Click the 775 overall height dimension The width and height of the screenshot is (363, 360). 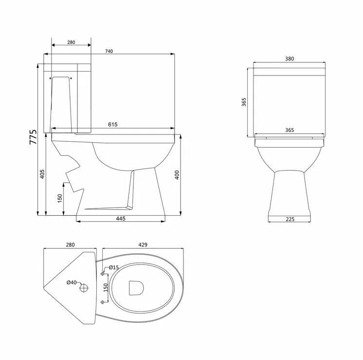click(x=33, y=137)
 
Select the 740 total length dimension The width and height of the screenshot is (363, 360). click(x=109, y=51)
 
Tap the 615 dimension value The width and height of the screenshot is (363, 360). click(x=113, y=125)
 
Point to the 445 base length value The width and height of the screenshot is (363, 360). click(x=121, y=218)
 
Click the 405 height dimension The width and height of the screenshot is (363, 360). click(x=42, y=174)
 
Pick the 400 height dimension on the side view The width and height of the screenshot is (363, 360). click(x=177, y=175)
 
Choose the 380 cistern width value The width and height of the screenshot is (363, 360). click(x=290, y=58)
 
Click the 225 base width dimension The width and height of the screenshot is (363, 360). click(x=290, y=219)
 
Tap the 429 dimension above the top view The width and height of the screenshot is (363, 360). click(x=143, y=245)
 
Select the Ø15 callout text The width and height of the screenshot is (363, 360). click(x=114, y=267)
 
